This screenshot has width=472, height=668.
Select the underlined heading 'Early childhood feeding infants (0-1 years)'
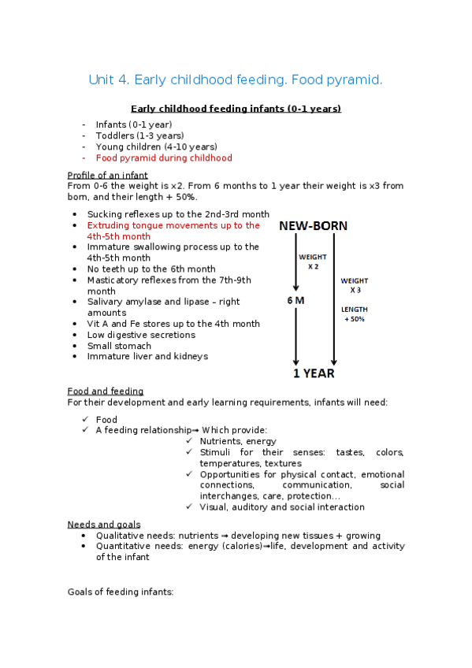tap(236, 109)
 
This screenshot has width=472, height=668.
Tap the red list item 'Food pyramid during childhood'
tap(164, 158)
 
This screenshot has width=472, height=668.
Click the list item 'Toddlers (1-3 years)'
tap(139, 135)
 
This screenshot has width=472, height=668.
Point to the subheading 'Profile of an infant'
tap(108, 175)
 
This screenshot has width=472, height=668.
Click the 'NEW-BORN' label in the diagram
tap(313, 226)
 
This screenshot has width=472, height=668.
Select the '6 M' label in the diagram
tap(296, 300)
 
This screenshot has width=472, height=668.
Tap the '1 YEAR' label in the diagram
tap(314, 374)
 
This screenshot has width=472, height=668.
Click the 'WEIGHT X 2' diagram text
tap(312, 262)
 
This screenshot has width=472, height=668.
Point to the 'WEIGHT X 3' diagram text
tap(354, 285)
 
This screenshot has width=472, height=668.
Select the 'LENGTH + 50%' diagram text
tap(354, 314)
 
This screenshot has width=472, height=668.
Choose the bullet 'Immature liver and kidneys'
tap(147, 356)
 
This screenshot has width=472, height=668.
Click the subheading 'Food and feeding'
tap(106, 392)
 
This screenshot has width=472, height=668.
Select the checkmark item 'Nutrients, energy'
tap(238, 441)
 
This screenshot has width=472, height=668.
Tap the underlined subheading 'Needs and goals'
tap(104, 524)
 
